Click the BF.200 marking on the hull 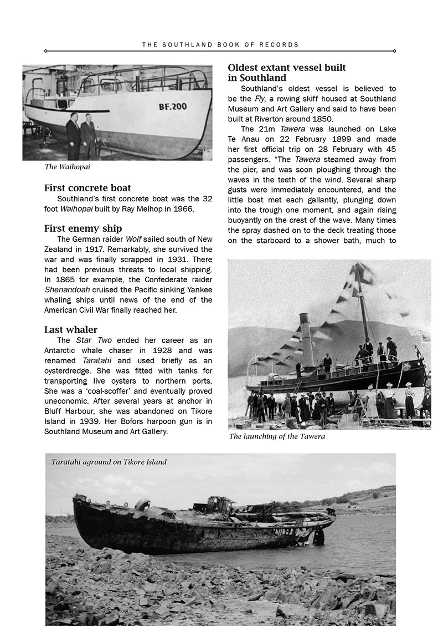click(x=172, y=106)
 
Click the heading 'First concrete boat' click(x=87, y=188)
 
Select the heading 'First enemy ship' click(x=83, y=228)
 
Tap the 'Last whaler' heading click(x=71, y=330)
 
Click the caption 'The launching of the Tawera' click(x=277, y=436)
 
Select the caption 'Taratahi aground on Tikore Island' click(x=109, y=462)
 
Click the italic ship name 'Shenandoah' click(x=68, y=290)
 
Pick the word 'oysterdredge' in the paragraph click(x=69, y=371)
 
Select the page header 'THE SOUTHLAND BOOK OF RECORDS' click(x=220, y=44)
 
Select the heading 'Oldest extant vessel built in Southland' click(x=287, y=73)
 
